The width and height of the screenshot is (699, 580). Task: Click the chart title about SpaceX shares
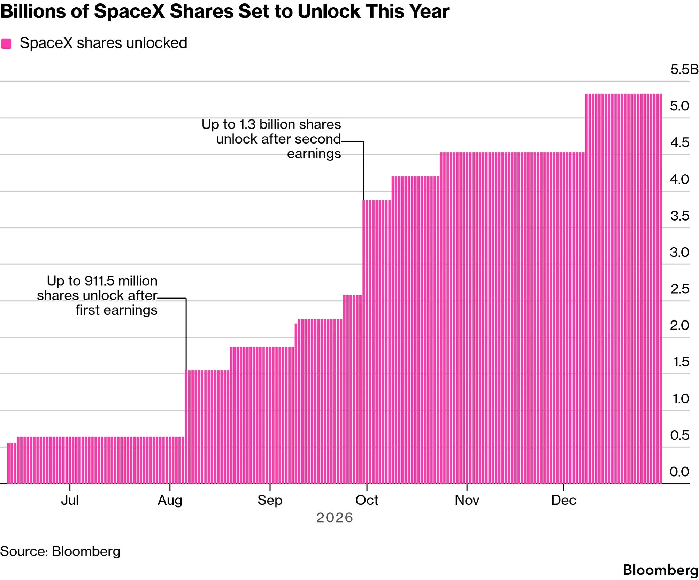(x=225, y=11)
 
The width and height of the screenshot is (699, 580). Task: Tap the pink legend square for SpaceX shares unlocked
(x=6, y=44)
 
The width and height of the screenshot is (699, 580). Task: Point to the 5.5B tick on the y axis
(x=684, y=70)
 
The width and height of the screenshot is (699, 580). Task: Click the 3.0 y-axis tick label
(x=679, y=252)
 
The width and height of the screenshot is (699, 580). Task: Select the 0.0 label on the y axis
(x=679, y=472)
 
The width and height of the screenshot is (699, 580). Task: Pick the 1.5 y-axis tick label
(x=681, y=362)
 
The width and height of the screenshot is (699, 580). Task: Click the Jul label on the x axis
(x=70, y=500)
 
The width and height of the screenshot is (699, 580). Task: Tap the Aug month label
(x=170, y=501)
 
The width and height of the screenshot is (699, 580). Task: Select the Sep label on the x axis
(x=270, y=501)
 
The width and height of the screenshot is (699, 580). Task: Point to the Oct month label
(x=367, y=500)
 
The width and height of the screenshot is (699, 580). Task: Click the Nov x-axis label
(x=467, y=500)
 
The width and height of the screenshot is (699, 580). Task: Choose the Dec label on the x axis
(x=564, y=500)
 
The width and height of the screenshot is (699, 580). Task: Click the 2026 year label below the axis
(x=335, y=518)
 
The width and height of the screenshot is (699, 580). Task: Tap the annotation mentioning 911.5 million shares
(x=97, y=295)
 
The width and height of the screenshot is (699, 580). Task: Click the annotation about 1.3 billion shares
(x=271, y=139)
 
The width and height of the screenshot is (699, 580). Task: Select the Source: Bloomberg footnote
(x=60, y=551)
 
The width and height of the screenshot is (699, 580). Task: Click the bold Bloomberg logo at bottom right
(x=661, y=570)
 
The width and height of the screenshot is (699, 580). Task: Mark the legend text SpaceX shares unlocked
(x=103, y=43)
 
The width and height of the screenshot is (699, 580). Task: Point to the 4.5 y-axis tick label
(x=679, y=142)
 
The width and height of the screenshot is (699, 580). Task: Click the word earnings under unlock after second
(x=314, y=154)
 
